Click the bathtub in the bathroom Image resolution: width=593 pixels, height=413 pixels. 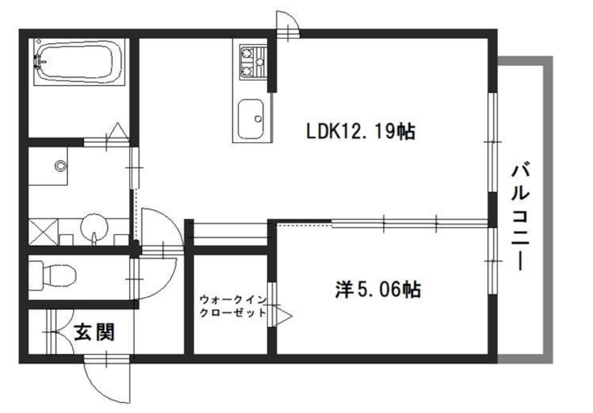click(78, 61)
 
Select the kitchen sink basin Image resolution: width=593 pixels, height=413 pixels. click(250, 118)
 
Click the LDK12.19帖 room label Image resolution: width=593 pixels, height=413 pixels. click(361, 131)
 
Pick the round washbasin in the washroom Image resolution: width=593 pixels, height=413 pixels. click(93, 227)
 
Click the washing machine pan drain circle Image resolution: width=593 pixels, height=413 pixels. click(60, 166)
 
